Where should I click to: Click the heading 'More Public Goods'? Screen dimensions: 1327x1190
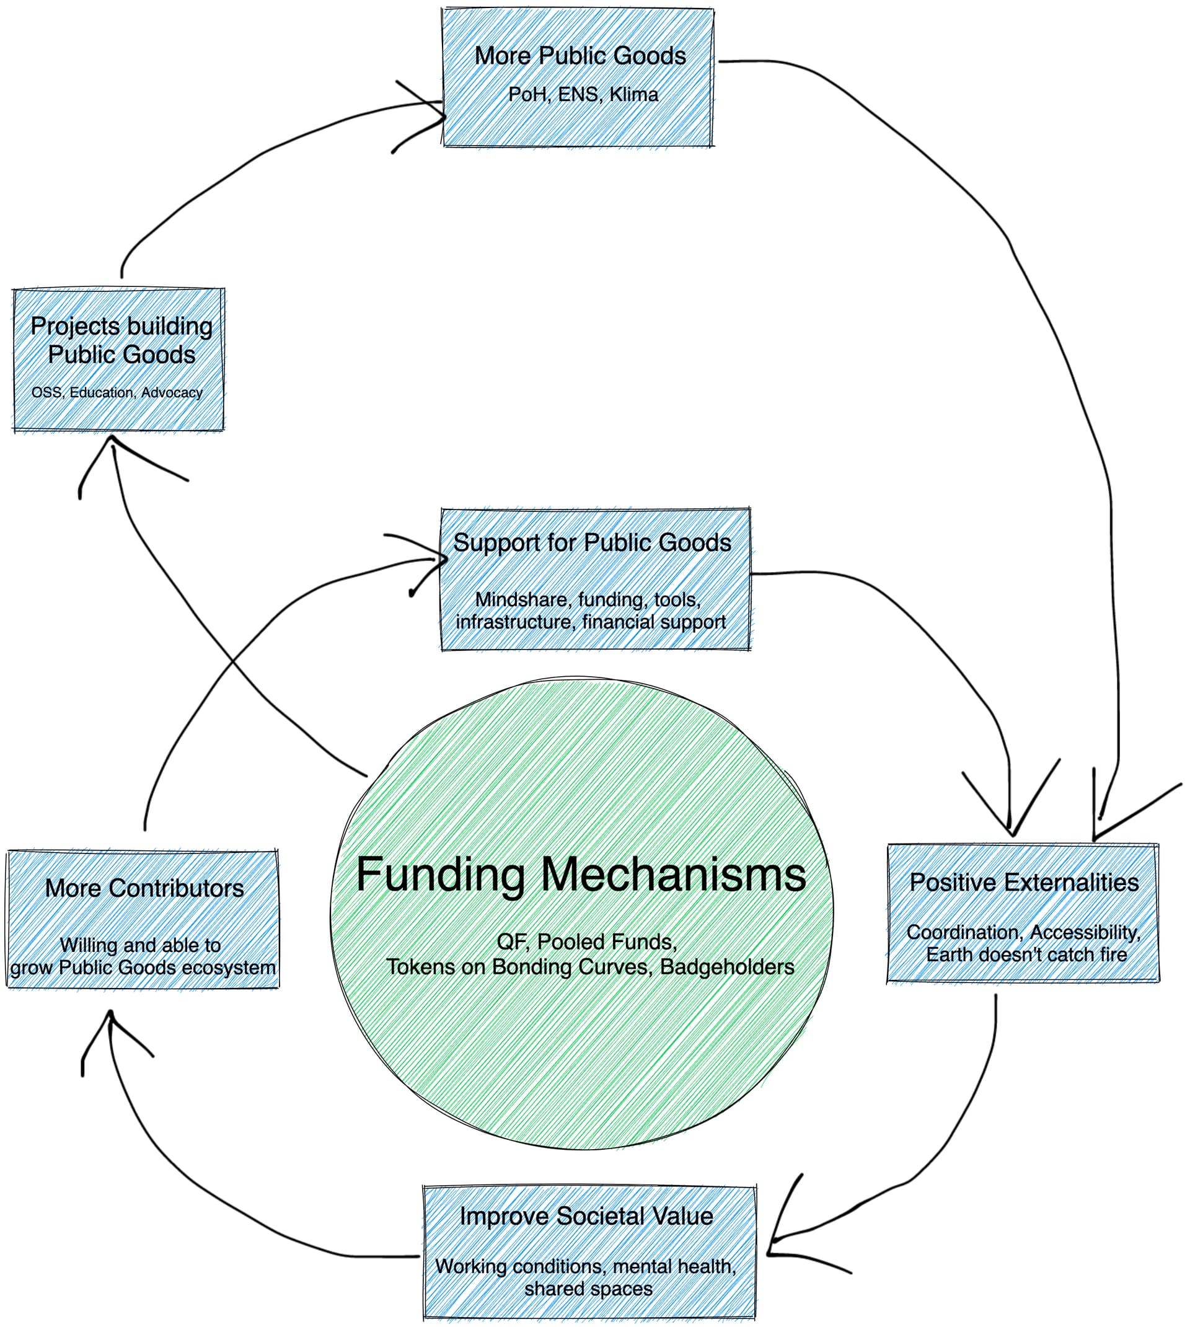(x=580, y=56)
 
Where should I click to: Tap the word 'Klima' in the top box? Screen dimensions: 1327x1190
(x=633, y=95)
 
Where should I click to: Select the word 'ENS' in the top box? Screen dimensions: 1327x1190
(x=578, y=95)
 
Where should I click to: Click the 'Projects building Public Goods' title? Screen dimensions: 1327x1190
(x=121, y=340)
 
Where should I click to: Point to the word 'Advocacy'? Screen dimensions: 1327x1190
(x=172, y=392)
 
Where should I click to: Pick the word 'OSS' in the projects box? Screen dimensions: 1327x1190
(x=46, y=392)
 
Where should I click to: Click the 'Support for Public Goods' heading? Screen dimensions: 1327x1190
(x=592, y=542)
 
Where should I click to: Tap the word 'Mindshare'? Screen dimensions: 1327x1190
(x=521, y=599)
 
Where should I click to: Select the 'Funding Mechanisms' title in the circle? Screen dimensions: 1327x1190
(x=581, y=875)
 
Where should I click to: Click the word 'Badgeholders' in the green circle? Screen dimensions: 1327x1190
(x=727, y=967)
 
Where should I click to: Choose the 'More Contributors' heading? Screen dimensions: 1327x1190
(x=144, y=888)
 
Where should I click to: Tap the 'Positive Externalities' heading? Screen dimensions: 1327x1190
(x=1024, y=883)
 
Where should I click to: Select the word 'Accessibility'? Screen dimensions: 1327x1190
(x=1085, y=932)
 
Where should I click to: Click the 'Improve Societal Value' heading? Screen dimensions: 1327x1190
(x=586, y=1216)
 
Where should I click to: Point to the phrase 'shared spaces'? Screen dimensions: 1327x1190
(x=588, y=1289)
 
